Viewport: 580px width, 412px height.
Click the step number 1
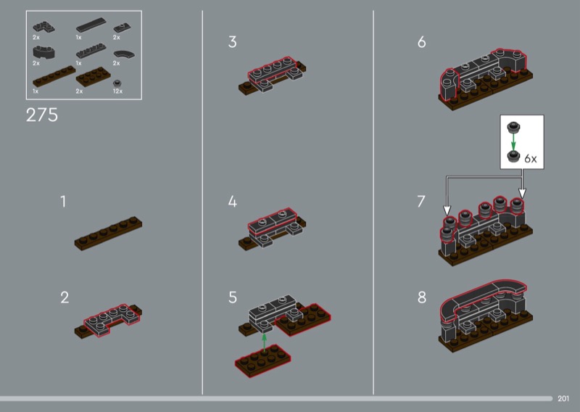point(63,202)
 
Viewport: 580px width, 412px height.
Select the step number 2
point(65,297)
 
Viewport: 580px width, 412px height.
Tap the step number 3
point(232,42)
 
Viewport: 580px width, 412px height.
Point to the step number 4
point(232,202)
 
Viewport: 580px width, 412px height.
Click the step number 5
point(232,297)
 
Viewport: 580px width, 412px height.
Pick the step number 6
point(422,42)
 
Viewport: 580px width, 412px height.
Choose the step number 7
point(421,202)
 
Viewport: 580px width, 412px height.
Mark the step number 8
point(422,297)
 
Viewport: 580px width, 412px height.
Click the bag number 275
point(42,115)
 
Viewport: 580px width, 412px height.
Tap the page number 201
point(563,398)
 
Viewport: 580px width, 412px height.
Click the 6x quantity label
point(531,158)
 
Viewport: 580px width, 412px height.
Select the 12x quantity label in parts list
point(117,91)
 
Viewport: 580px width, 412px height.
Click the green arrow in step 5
point(264,342)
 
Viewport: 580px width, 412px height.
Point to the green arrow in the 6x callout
point(513,142)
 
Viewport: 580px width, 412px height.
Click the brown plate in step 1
point(108,234)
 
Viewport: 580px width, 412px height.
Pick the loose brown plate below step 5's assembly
point(263,360)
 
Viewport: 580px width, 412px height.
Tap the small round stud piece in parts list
point(117,83)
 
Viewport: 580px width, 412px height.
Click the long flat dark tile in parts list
point(91,25)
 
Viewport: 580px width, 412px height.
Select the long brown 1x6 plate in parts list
point(54,77)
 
